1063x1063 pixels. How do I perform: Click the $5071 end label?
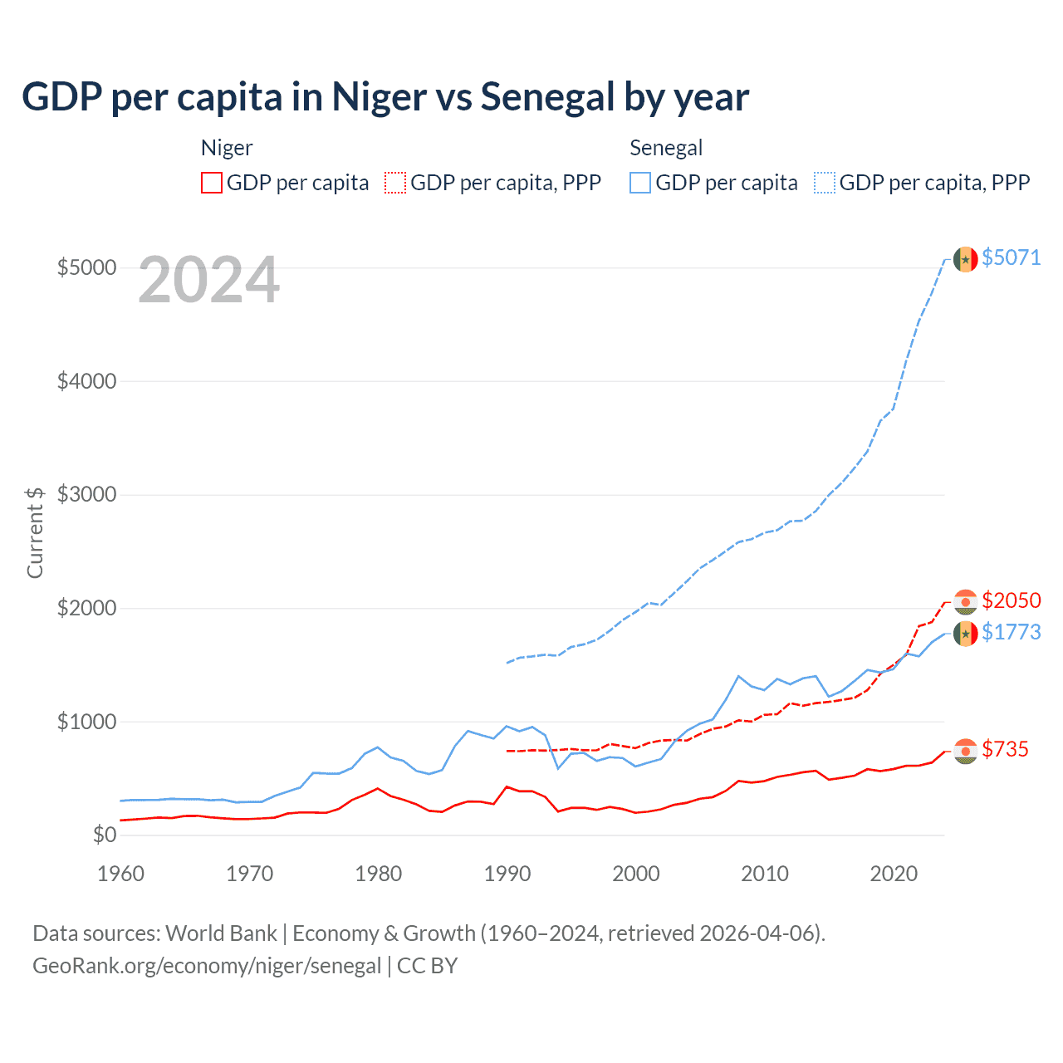point(1011,257)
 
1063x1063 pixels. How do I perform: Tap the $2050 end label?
point(1011,600)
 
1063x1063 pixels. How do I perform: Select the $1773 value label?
point(1011,632)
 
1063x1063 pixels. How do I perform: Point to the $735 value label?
point(1005,749)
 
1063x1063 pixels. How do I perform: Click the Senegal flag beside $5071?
point(965,259)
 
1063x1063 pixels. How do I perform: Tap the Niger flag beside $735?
point(965,751)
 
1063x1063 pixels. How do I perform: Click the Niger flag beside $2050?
point(965,601)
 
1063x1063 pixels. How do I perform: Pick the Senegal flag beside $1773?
point(965,634)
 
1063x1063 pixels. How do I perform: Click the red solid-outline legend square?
point(212,183)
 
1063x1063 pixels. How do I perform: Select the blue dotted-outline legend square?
point(825,183)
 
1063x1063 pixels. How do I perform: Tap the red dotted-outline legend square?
point(395,183)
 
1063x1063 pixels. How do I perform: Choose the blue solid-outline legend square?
point(640,183)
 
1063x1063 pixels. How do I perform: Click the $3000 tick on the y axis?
point(86,494)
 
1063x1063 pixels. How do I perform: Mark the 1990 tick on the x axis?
point(507,874)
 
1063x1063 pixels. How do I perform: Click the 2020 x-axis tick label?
point(894,874)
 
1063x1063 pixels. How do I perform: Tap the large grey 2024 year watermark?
point(208,280)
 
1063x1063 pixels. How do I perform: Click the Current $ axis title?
point(35,532)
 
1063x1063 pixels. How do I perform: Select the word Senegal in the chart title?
point(547,97)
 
